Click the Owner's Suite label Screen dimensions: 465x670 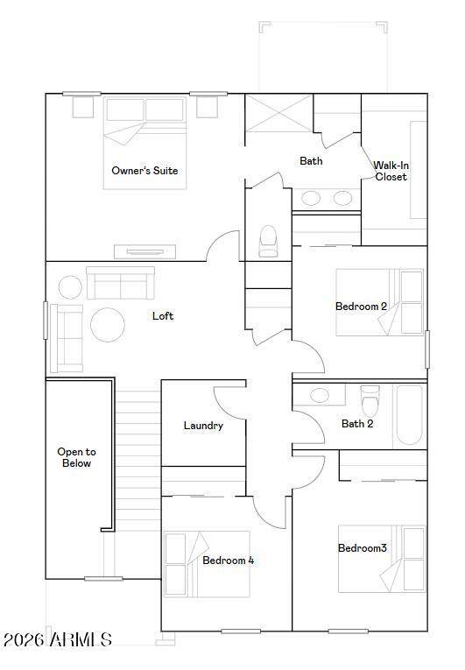pyautogui.click(x=144, y=171)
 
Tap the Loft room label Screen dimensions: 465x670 pyautogui.click(x=163, y=316)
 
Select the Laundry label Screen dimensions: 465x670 pyautogui.click(x=203, y=426)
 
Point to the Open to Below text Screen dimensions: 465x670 pyautogui.click(x=76, y=457)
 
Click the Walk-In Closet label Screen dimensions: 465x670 pyautogui.click(x=391, y=171)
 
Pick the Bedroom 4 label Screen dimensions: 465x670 pyautogui.click(x=229, y=561)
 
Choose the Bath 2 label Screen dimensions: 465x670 pyautogui.click(x=357, y=423)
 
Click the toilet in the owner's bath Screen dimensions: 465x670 pyautogui.click(x=268, y=241)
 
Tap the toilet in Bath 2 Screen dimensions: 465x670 pyautogui.click(x=370, y=400)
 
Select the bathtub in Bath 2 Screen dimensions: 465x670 pyautogui.click(x=411, y=415)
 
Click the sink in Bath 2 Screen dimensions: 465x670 pyautogui.click(x=320, y=395)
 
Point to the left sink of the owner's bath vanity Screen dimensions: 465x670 pyautogui.click(x=311, y=198)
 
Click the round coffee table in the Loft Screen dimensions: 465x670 pyautogui.click(x=108, y=325)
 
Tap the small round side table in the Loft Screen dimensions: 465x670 pyautogui.click(x=71, y=287)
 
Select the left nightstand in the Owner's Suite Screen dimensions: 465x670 pyautogui.click(x=83, y=107)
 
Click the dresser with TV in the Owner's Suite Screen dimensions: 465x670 pyautogui.click(x=144, y=251)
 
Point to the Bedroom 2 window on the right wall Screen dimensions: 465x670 pyautogui.click(x=427, y=349)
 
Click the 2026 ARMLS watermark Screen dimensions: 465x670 pyautogui.click(x=58, y=639)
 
